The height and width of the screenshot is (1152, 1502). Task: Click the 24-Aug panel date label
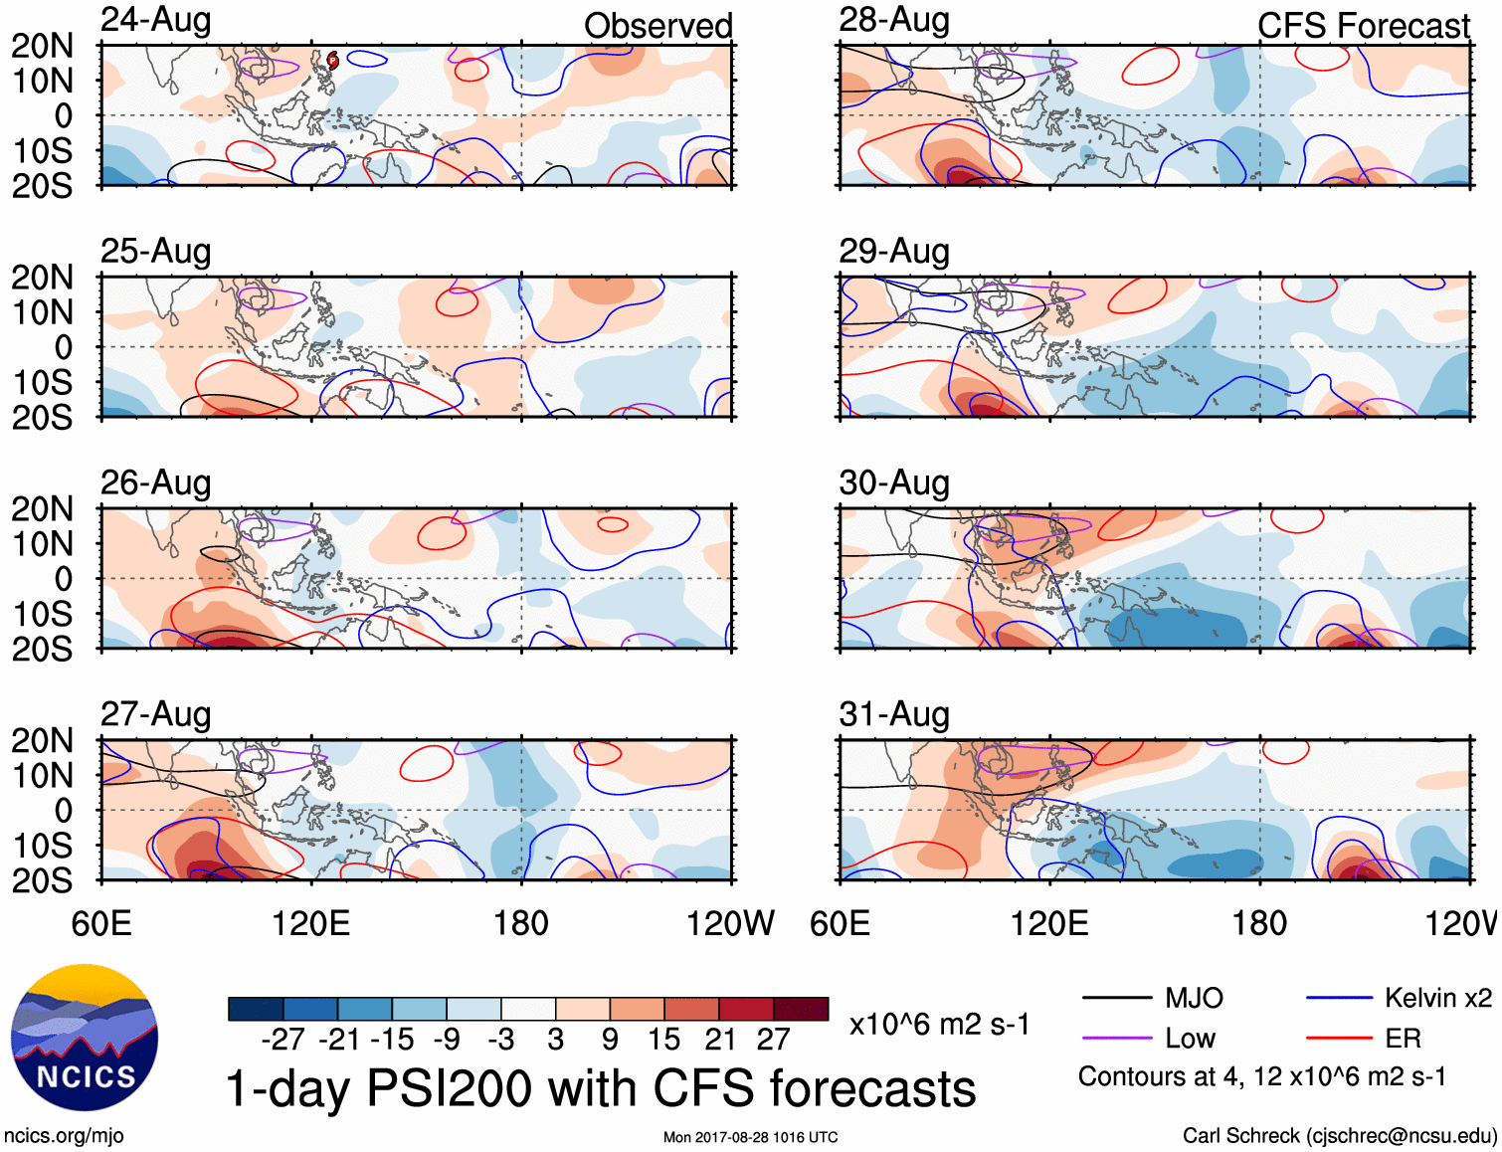pos(156,20)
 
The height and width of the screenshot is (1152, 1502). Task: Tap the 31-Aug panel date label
pos(894,714)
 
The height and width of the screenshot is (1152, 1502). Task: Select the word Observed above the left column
pos(657,26)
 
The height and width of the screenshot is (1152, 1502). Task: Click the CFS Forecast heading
pos(1363,26)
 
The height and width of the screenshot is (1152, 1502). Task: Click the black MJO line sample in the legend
pos(1116,998)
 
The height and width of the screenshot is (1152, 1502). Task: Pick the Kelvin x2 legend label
pos(1437,998)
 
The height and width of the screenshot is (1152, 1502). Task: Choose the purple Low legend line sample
pos(1116,1039)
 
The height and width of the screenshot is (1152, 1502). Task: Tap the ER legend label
pos(1403,1039)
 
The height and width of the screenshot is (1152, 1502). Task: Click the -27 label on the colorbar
pos(282,1040)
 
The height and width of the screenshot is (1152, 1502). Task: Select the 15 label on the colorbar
pos(663,1040)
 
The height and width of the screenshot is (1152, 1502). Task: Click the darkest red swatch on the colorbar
pos(801,1009)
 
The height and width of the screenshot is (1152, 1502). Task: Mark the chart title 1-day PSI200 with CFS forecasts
pos(601,1088)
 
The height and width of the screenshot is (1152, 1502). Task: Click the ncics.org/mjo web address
pos(64,1136)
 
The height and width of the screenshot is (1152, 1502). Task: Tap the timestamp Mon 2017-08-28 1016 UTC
pos(750,1137)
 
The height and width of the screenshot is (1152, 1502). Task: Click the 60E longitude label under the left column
pos(101,923)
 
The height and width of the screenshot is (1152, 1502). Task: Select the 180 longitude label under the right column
pos(1259,923)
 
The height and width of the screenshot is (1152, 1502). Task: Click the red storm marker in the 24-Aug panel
pos(333,62)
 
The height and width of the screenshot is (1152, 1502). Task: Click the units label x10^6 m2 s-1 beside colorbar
pos(939,1025)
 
